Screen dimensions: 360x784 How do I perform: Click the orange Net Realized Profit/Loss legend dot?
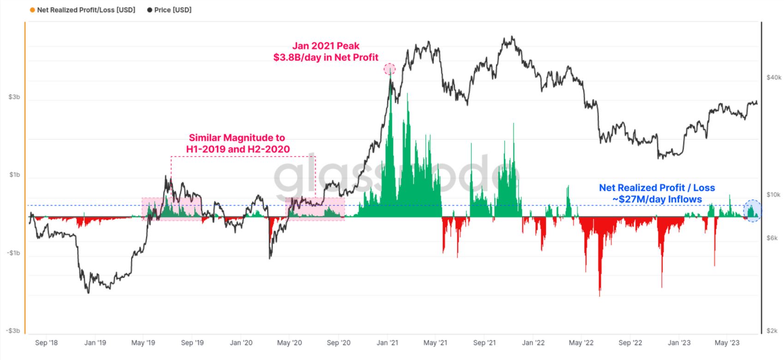tap(32, 10)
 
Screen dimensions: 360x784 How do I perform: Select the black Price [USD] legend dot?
tap(150, 10)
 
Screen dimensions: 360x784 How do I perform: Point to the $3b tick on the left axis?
tap(14, 97)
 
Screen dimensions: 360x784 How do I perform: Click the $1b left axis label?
tap(14, 174)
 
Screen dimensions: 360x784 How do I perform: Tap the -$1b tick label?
tap(13, 253)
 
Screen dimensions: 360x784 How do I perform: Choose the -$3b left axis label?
tap(13, 330)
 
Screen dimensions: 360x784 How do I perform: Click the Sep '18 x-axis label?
tap(47, 342)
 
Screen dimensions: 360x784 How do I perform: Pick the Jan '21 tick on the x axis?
tap(388, 342)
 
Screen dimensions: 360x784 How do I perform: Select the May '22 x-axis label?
tap(581, 342)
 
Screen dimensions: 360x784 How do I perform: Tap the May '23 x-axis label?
tap(727, 342)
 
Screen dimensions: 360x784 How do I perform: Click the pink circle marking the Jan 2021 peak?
tap(390, 69)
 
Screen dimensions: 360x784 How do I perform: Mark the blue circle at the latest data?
tap(753, 210)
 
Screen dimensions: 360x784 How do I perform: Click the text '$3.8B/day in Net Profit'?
tap(326, 57)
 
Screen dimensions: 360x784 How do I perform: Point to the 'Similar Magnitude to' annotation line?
tap(237, 138)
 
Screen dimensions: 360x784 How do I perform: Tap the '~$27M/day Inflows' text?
tap(657, 199)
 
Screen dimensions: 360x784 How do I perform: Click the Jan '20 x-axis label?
tap(241, 342)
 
